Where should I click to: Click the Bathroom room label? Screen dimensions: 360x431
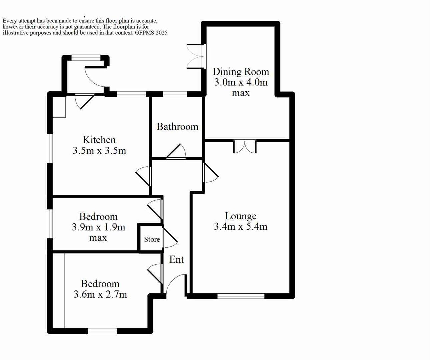(177, 127)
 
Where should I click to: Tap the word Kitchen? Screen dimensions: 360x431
(99, 140)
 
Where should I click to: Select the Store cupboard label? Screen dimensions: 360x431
(152, 239)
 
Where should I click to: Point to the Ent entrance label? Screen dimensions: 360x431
(176, 259)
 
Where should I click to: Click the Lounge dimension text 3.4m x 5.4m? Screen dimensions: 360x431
(240, 227)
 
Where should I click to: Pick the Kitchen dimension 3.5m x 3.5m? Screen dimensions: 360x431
(99, 151)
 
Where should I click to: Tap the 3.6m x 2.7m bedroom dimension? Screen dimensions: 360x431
(100, 294)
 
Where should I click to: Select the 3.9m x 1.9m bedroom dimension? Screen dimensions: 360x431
(98, 227)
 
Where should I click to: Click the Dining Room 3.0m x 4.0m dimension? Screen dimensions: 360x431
(241, 82)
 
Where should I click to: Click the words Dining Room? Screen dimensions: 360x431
(241, 72)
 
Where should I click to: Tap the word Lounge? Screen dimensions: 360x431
(240, 216)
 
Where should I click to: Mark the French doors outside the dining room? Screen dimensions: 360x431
(195, 56)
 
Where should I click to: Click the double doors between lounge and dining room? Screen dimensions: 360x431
(245, 147)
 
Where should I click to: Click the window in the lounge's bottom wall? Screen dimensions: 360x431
(241, 296)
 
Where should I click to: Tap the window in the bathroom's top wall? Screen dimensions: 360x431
(175, 94)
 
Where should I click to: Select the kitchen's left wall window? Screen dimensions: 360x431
(50, 148)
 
